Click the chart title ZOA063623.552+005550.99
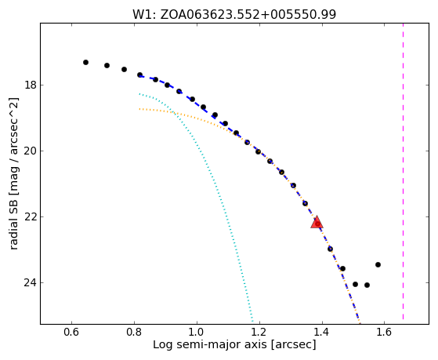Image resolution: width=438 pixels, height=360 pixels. click(x=248, y=14)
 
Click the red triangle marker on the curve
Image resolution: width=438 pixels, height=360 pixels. click(x=317, y=223)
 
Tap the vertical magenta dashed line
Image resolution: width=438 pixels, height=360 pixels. click(x=403, y=171)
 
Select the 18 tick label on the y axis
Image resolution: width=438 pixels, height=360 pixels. click(x=30, y=85)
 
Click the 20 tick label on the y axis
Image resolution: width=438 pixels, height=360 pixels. click(x=30, y=151)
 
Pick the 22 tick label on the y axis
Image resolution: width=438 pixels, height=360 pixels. click(x=30, y=217)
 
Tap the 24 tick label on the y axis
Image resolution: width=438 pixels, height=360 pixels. click(x=30, y=283)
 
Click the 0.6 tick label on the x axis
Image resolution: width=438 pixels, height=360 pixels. click(x=71, y=333)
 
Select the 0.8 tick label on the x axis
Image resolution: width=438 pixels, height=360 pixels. click(x=134, y=333)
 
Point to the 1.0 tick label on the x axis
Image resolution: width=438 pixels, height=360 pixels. click(x=197, y=333)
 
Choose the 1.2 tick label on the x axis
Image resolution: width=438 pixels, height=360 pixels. click(x=260, y=333)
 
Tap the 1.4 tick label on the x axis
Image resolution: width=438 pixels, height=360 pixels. click(x=322, y=333)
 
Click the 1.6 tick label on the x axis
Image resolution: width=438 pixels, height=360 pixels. click(x=385, y=333)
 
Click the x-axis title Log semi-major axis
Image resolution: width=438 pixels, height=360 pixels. click(x=210, y=345)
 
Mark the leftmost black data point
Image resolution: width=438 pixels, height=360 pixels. click(x=85, y=63)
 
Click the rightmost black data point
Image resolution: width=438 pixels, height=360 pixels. click(x=378, y=264)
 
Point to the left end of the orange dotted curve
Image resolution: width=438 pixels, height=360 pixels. click(x=139, y=109)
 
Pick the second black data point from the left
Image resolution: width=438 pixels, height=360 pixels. click(x=107, y=65)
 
